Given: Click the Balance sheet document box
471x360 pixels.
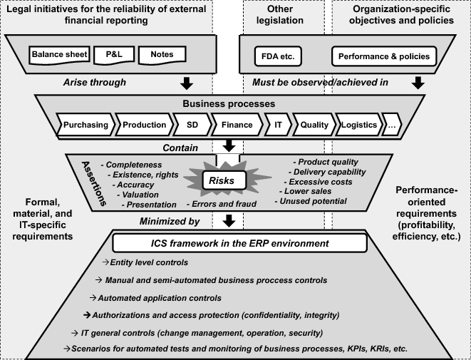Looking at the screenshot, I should [x=60, y=54].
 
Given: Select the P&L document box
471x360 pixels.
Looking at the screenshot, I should [x=113, y=54].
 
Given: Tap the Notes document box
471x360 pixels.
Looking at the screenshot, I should [x=162, y=54].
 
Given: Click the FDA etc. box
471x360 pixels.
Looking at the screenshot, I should [x=284, y=55].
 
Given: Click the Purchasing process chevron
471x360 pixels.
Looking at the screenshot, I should [x=86, y=125].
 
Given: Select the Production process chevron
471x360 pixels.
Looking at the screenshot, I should [x=144, y=125].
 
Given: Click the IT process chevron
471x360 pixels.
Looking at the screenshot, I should [x=277, y=125].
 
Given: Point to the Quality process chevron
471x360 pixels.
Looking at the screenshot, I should [x=314, y=125].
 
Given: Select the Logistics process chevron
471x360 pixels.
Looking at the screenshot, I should [x=358, y=125].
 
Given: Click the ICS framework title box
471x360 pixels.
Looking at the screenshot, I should [x=235, y=244].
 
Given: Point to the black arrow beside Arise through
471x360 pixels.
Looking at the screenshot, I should [x=187, y=83].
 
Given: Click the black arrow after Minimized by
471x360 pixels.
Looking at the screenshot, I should [x=229, y=222].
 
